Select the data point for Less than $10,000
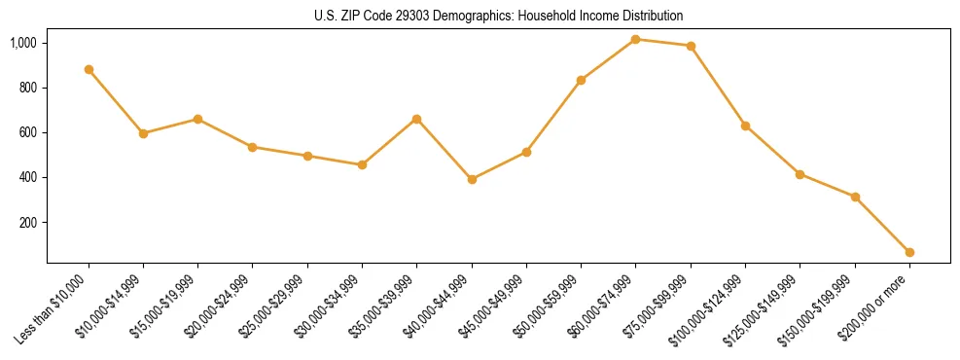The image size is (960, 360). (89, 70)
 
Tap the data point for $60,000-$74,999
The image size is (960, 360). (635, 39)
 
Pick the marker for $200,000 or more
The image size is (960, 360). (909, 252)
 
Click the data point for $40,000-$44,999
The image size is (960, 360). (472, 179)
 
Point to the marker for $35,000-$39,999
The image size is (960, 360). (417, 119)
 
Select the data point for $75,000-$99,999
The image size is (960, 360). (691, 46)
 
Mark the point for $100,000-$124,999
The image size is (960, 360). (745, 126)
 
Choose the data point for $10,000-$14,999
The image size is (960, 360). (143, 133)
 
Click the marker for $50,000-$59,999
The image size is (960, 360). (581, 80)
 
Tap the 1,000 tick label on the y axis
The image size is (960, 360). (23, 43)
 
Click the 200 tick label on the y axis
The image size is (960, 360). (28, 223)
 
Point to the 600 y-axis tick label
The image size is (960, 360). (28, 132)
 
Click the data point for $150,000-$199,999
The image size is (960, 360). (855, 197)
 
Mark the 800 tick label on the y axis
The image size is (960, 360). (28, 88)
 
